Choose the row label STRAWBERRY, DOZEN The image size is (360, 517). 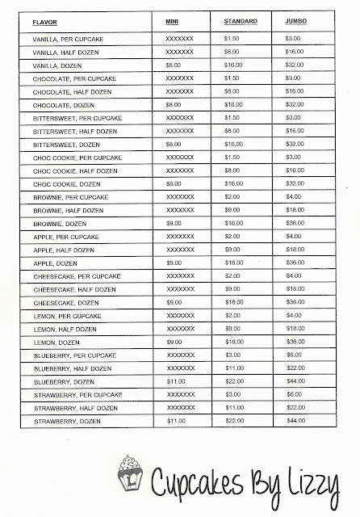tap(61, 420)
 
